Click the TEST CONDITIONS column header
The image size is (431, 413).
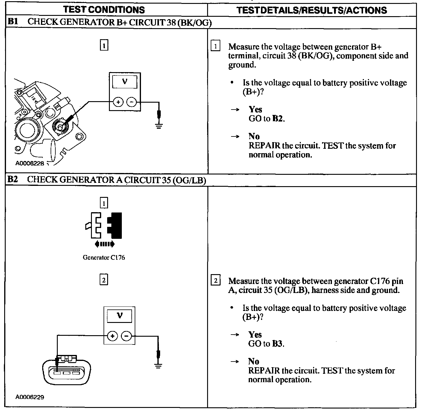tap(104, 10)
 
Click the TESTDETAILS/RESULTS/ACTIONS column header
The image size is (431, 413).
tap(312, 10)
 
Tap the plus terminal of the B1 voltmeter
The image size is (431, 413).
tap(118, 102)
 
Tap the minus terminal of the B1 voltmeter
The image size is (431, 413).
tap(131, 102)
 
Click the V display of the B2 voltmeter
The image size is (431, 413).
tap(120, 315)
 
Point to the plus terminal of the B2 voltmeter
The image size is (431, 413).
tap(113, 336)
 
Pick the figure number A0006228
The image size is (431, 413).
tap(30, 163)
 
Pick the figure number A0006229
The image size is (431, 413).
tap(30, 397)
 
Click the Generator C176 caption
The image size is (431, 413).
tap(104, 257)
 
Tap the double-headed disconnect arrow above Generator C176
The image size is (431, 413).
tap(104, 244)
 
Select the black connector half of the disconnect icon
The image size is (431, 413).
tap(115, 225)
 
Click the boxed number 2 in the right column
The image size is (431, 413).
tap(215, 281)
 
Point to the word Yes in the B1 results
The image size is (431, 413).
tap(255, 110)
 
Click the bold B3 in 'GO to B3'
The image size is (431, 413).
tap(277, 344)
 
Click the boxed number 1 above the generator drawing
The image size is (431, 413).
tap(104, 46)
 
